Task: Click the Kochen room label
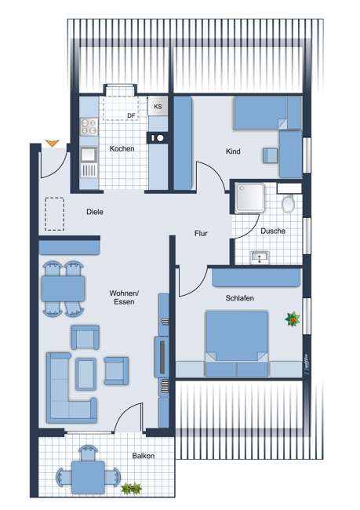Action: [x=122, y=148]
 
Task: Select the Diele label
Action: [x=95, y=212]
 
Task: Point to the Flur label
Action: [x=203, y=233]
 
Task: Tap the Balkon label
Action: [x=143, y=456]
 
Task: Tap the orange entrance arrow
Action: [x=52, y=143]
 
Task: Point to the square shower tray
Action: [x=249, y=199]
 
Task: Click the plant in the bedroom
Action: [x=293, y=319]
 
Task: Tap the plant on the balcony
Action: [x=128, y=488]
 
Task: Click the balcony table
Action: [x=85, y=474]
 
